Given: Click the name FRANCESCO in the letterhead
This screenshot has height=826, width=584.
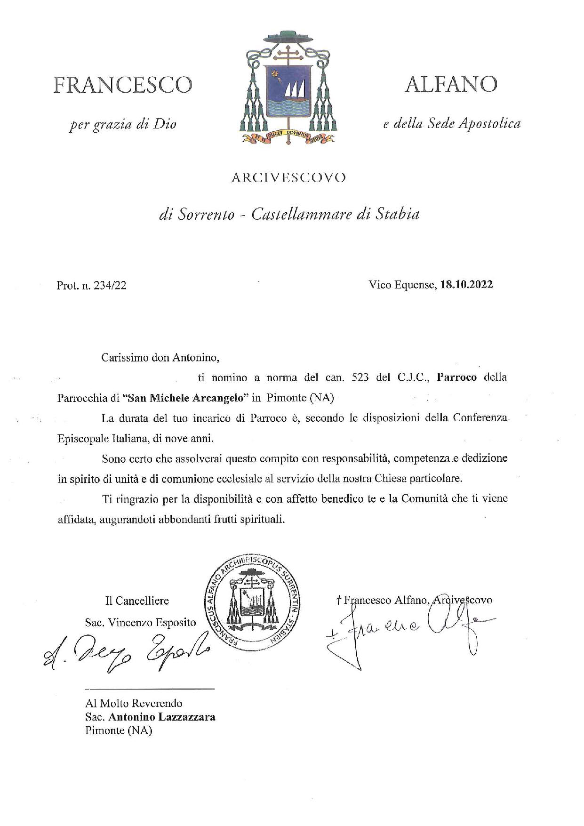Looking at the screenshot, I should [x=122, y=85].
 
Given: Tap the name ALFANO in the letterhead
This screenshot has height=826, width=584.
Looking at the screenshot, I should [x=450, y=84].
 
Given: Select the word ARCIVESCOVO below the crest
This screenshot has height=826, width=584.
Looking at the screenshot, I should [x=288, y=177].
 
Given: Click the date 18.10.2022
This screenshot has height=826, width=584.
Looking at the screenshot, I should [x=466, y=285].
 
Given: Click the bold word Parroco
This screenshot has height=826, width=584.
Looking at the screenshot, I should [x=456, y=377].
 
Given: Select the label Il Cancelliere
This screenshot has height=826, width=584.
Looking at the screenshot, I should [x=137, y=601].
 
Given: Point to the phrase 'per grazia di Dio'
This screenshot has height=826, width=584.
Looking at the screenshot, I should [x=122, y=125].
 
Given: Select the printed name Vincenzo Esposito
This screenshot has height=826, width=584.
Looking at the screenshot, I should [x=152, y=623].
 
